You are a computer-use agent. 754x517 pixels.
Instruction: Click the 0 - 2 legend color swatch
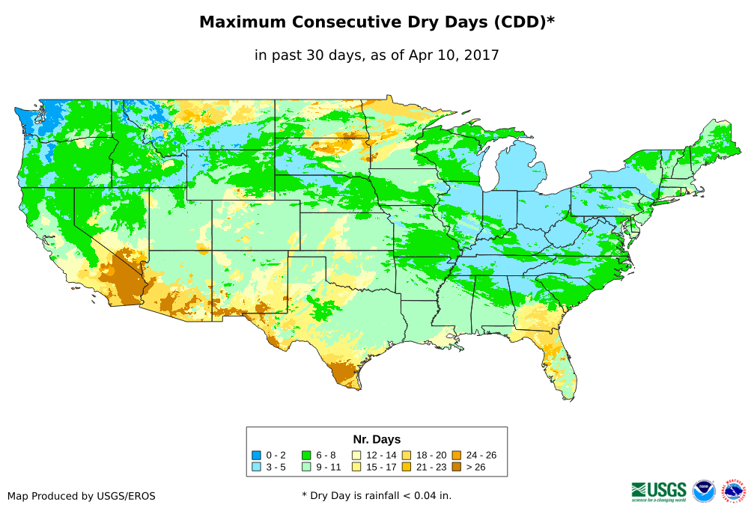(256, 455)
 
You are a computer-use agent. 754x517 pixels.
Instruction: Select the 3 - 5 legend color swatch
(256, 467)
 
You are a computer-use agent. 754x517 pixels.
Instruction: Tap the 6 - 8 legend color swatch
(306, 455)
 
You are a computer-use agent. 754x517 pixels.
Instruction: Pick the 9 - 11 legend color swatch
(306, 467)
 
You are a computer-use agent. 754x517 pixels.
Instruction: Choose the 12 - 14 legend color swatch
(356, 455)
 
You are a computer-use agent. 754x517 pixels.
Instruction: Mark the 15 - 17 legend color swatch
(356, 467)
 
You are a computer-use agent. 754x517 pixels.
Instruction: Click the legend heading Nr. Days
(377, 439)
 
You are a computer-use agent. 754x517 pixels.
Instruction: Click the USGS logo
(659, 490)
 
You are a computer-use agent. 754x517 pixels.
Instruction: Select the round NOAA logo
(704, 491)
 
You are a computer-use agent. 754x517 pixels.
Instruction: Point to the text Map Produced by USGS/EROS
(82, 496)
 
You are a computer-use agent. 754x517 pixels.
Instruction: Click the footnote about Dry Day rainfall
(377, 495)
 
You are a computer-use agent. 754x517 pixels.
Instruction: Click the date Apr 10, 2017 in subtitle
(454, 55)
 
